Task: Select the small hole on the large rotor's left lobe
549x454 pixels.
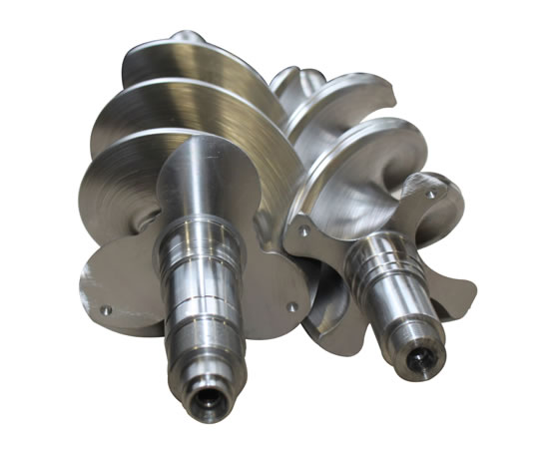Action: coord(105,308)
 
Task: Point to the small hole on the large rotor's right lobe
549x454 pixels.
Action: coord(291,308)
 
